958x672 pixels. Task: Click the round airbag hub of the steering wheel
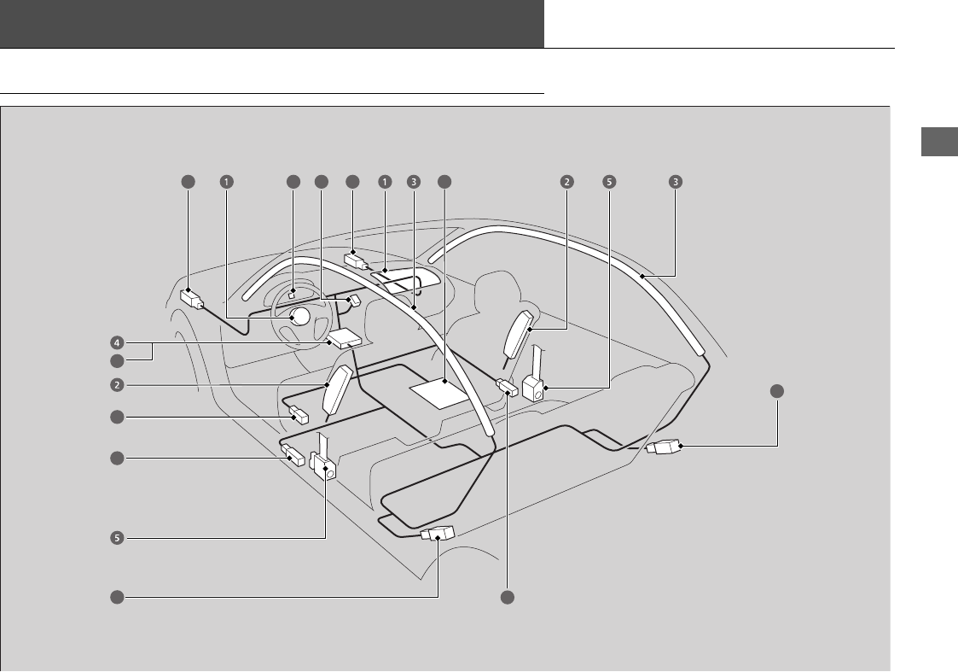pos(299,317)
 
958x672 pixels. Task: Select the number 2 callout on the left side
pos(116,384)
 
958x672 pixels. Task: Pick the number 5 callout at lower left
pos(116,538)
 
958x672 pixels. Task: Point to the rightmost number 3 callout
pos(675,181)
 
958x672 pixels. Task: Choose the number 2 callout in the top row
pos(566,181)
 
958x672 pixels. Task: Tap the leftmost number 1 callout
pos(226,181)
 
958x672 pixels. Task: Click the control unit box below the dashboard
pos(345,339)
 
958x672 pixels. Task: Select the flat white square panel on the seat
pos(440,391)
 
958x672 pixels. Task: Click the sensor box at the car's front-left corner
pos(192,298)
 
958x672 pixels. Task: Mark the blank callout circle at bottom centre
pos(508,597)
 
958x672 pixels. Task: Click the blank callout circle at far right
pos(777,391)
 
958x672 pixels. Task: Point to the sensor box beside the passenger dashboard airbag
pos(356,260)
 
